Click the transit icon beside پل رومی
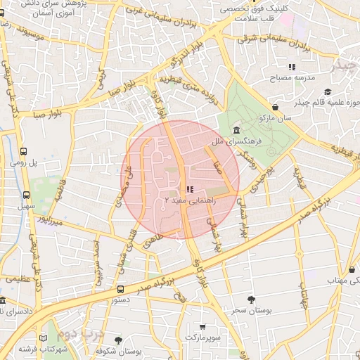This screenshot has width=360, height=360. click(25, 150)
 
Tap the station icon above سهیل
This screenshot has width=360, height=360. click(26, 195)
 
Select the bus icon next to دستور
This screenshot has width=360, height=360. click(121, 289)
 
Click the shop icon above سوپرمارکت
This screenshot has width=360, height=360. click(203, 326)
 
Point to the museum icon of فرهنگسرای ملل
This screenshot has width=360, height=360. click(235, 131)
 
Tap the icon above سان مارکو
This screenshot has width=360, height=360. click(275, 107)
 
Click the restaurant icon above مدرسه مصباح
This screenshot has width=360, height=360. click(292, 67)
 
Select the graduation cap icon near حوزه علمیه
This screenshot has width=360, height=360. click(328, 92)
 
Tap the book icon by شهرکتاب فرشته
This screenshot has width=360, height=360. click(44, 338)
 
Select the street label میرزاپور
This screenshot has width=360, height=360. click(51, 220)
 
